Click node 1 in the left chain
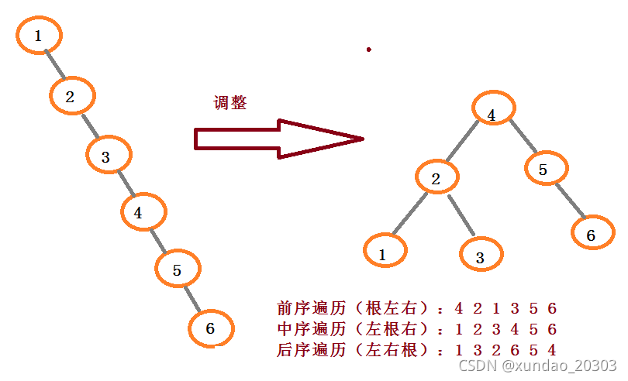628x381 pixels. [x=38, y=35]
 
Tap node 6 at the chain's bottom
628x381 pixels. [x=211, y=329]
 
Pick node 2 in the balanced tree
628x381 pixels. [x=436, y=179]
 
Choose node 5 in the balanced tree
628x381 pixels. [x=545, y=170]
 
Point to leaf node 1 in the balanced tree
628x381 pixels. [x=383, y=252]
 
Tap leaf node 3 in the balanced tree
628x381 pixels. [x=481, y=256]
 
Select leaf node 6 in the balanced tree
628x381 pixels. [x=591, y=235]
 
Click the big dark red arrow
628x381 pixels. [x=279, y=139]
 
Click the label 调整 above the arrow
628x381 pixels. [x=230, y=103]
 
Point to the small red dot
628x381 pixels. [x=369, y=50]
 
